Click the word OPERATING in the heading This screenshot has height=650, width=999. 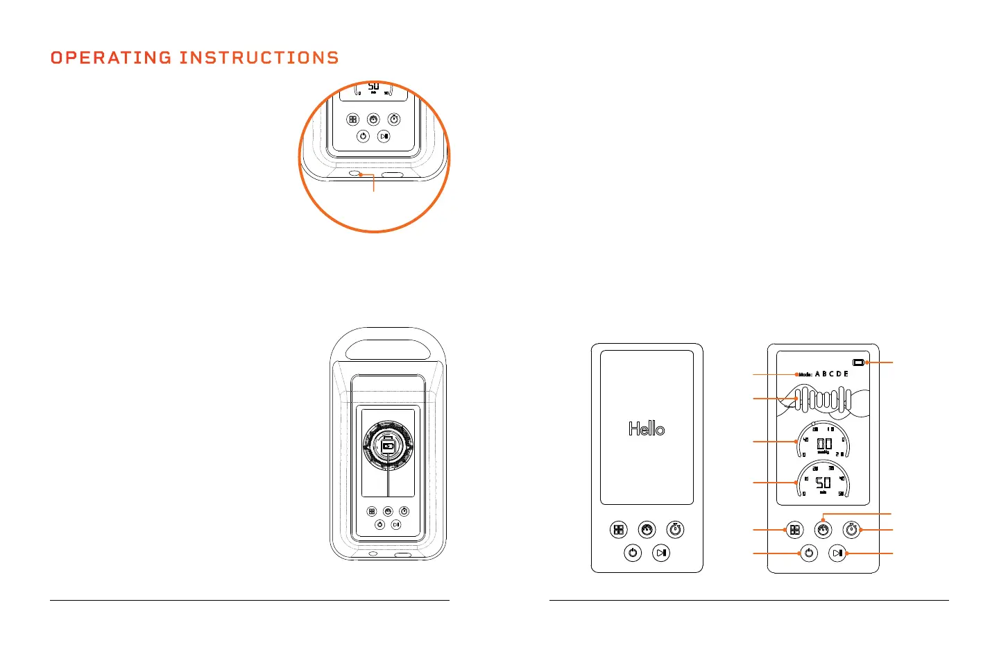pyautogui.click(x=111, y=58)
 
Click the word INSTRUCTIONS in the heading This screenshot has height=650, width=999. pyautogui.click(x=259, y=58)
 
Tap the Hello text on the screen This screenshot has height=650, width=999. pyautogui.click(x=647, y=429)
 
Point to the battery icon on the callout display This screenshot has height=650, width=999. pyautogui.click(x=859, y=362)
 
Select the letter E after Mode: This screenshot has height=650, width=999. pyautogui.click(x=846, y=374)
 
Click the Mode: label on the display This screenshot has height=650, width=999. pyautogui.click(x=805, y=374)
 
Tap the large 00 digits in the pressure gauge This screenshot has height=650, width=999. pyautogui.click(x=823, y=444)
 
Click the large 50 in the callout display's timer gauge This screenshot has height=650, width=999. pyautogui.click(x=823, y=483)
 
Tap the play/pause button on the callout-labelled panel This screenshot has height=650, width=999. pyautogui.click(x=837, y=553)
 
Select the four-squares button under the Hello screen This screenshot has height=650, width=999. pyautogui.click(x=618, y=530)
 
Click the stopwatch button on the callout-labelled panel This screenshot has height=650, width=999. pyautogui.click(x=851, y=530)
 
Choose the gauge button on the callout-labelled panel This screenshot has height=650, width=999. pyautogui.click(x=823, y=530)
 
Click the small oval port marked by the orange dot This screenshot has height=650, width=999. pyautogui.click(x=355, y=174)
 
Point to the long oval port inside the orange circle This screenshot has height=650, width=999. pyautogui.click(x=392, y=174)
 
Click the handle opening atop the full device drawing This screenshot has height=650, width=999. pyautogui.click(x=388, y=348)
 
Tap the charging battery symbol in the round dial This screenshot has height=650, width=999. pyautogui.click(x=388, y=446)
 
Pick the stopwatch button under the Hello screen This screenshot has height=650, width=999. pyautogui.click(x=675, y=530)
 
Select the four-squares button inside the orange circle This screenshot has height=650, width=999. pyautogui.click(x=353, y=119)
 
